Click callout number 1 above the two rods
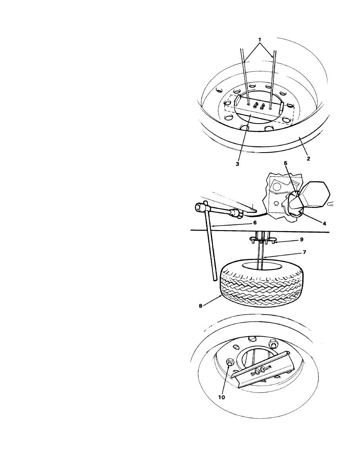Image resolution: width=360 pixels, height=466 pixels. (259, 39)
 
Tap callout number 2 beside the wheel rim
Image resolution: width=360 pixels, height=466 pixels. (308, 159)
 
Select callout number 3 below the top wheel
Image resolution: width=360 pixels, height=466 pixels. (237, 164)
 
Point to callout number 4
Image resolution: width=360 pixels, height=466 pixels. (324, 223)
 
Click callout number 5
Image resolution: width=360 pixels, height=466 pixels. (285, 163)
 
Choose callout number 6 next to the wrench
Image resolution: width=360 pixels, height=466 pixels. (255, 222)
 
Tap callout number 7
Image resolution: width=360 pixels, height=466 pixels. (304, 252)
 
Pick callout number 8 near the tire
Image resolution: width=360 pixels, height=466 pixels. (200, 306)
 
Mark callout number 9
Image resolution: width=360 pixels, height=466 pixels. (302, 239)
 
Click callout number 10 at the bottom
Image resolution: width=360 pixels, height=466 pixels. (222, 397)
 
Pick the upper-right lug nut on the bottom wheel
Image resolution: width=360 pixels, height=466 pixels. (273, 344)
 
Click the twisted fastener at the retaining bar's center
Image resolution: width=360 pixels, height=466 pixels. (258, 371)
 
